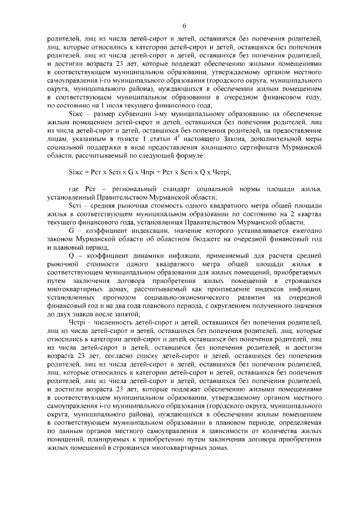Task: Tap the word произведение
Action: click(219, 288)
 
